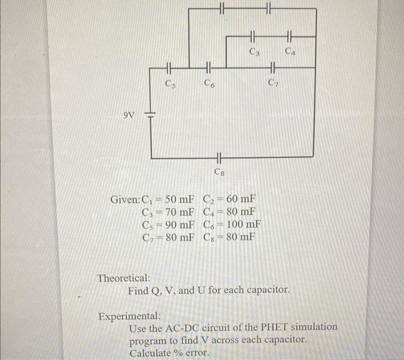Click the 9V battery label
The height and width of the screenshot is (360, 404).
(129, 115)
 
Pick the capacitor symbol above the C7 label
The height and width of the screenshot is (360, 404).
(268, 69)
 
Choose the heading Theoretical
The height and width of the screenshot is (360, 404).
(124, 277)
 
